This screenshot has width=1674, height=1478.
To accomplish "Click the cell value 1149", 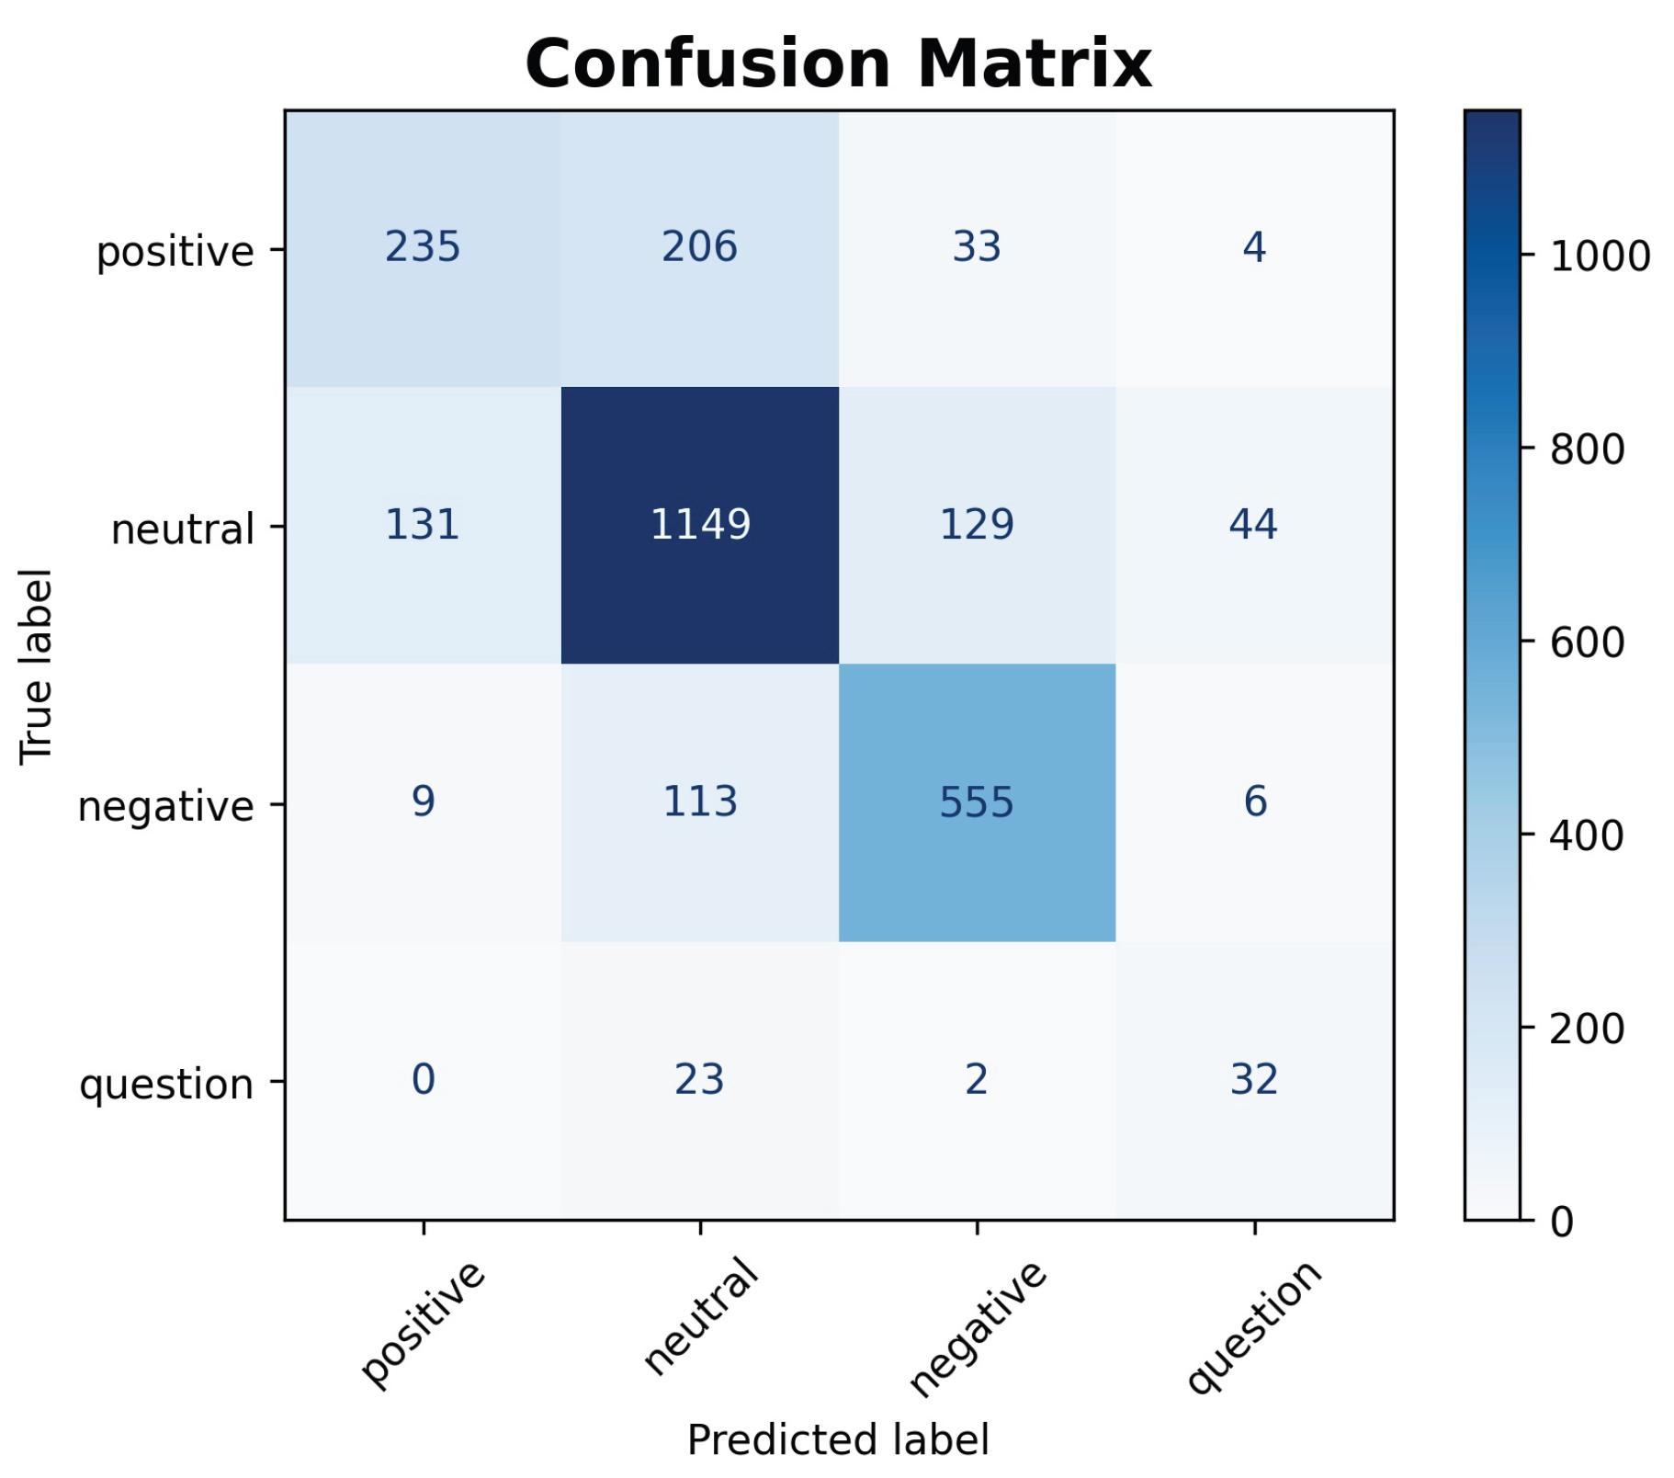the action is tap(700, 525).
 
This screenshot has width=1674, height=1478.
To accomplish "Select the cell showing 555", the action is tap(977, 802).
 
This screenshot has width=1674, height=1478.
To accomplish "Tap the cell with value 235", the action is tap(423, 247).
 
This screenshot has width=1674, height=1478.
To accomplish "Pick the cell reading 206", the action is tap(700, 247).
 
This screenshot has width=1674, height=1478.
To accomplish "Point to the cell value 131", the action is tap(423, 525).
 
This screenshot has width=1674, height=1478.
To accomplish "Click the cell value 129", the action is tap(977, 525).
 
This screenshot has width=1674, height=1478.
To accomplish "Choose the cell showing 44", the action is tap(1254, 525).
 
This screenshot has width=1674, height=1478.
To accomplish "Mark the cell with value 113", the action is tap(700, 802).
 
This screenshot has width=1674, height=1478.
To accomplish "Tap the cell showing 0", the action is tap(423, 1080).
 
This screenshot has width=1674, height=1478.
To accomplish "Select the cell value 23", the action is tap(700, 1080).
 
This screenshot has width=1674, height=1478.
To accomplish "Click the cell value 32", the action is tap(1254, 1080).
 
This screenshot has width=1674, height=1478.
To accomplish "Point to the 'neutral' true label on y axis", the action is tap(182, 530).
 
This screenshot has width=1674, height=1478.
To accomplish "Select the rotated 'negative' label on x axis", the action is tap(978, 1327).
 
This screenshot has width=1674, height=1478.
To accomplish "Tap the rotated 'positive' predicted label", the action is tap(423, 1323).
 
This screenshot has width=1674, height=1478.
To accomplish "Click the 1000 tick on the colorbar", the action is tap(1600, 257).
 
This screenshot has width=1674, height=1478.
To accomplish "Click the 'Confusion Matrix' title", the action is tap(838, 64).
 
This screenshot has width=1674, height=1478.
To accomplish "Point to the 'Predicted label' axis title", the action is tap(838, 1440).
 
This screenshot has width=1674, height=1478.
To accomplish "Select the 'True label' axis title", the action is tap(37, 665).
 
